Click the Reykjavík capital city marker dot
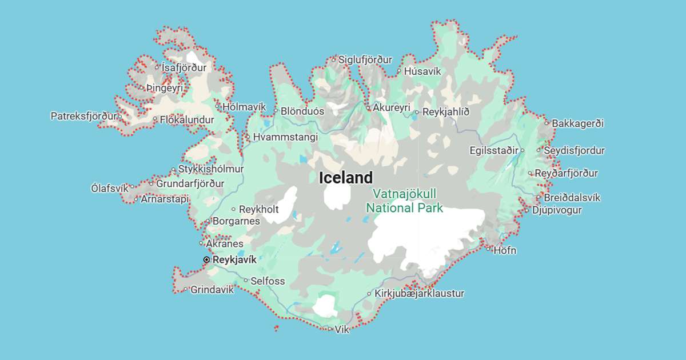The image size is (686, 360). [x=206, y=259]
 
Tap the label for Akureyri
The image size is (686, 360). [x=392, y=107]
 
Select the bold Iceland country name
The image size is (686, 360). [x=346, y=178]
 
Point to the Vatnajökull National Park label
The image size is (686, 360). [x=404, y=201]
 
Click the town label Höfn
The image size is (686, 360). [x=505, y=250]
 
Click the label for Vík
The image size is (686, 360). [x=342, y=330]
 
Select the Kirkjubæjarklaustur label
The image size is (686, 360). [x=419, y=294]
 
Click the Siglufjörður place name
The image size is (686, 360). [x=365, y=59]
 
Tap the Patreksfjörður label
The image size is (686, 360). [x=83, y=116]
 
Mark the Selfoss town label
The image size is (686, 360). [x=268, y=281]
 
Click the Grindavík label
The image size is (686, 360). [x=212, y=290]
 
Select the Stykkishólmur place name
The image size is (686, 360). [x=211, y=169]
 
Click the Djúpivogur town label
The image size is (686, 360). [x=557, y=210]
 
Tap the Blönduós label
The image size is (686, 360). [x=302, y=111]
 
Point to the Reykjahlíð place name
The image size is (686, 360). [x=446, y=112]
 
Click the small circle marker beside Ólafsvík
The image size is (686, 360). [x=131, y=186]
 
